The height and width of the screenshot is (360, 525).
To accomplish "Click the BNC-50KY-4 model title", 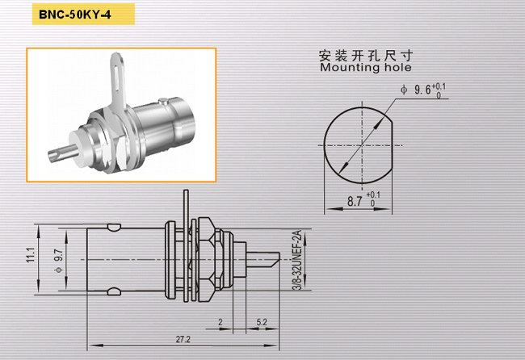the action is coord(74,15).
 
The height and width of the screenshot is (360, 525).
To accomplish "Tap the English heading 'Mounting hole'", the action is coord(366,67).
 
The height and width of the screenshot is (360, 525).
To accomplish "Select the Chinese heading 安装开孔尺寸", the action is coord(366,55).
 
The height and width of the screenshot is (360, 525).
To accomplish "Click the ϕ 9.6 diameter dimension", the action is coord(423,90).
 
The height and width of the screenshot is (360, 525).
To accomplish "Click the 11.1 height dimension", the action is coord(31,255).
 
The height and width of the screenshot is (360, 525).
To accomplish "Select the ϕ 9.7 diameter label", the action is coord(58,261).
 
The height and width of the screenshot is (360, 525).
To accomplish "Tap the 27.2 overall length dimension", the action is coord(183,339).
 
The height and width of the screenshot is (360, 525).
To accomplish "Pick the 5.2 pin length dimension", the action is coord(262,322).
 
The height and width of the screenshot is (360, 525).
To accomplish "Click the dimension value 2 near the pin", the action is coord(220,322).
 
